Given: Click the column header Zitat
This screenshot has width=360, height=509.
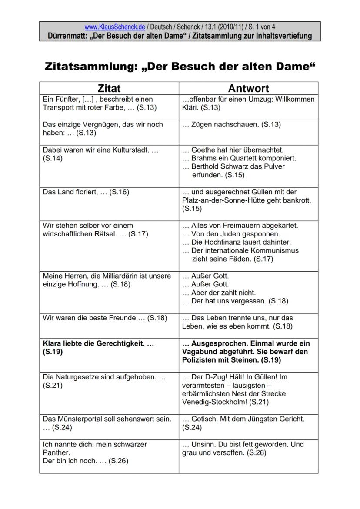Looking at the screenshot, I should pos(109,88).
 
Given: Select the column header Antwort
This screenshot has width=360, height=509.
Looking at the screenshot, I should pos(248,88).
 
